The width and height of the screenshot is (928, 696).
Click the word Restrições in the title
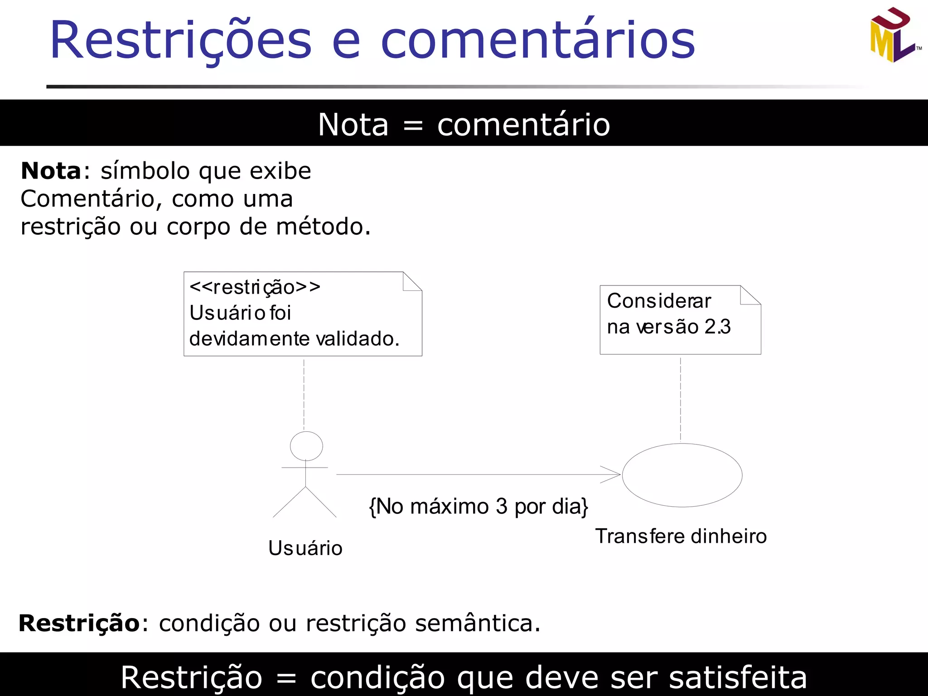pyautogui.click(x=181, y=41)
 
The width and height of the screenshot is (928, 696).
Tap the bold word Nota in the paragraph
pyautogui.click(x=51, y=171)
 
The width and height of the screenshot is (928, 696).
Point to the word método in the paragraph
pyautogui.click(x=323, y=227)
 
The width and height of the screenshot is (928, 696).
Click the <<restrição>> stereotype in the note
pyautogui.click(x=255, y=287)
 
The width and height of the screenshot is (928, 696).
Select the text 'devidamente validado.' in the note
pyautogui.click(x=294, y=339)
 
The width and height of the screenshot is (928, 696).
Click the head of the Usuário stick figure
pyautogui.click(x=306, y=446)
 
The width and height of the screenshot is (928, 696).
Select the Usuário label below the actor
pyautogui.click(x=305, y=548)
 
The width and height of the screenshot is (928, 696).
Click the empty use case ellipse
pyautogui.click(x=682, y=475)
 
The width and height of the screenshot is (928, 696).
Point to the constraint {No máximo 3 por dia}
pyautogui.click(x=478, y=506)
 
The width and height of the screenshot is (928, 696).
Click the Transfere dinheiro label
pyautogui.click(x=681, y=536)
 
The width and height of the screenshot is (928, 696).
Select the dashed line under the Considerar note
pyautogui.click(x=681, y=399)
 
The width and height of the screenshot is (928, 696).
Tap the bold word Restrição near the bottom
pyautogui.click(x=79, y=623)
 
